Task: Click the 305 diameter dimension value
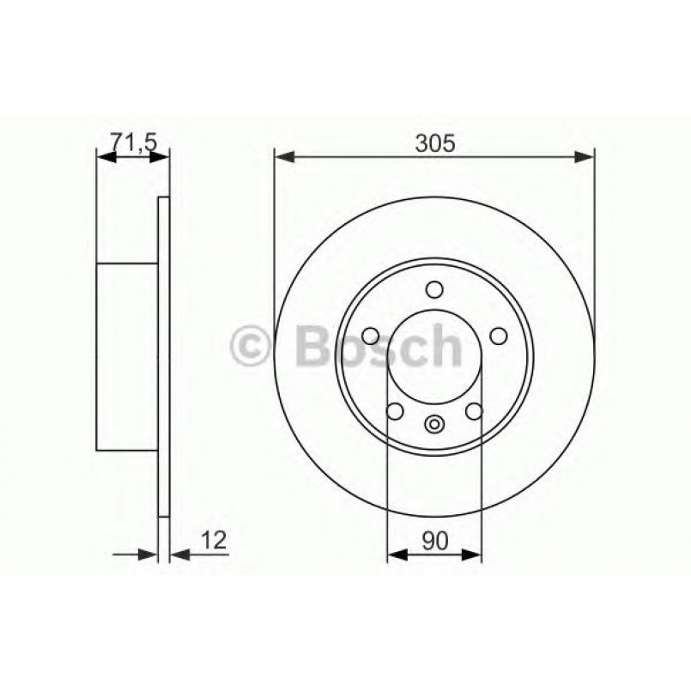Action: [x=434, y=143]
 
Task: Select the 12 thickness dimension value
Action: [x=215, y=539]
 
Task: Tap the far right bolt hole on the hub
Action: [x=498, y=335]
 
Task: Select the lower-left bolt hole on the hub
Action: [x=395, y=411]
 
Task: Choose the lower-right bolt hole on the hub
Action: [x=473, y=411]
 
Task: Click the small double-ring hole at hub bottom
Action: [x=434, y=423]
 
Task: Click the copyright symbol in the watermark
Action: [x=252, y=348]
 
